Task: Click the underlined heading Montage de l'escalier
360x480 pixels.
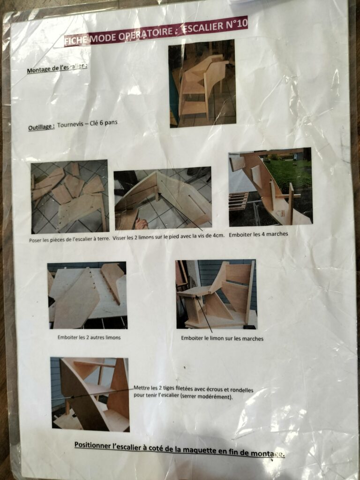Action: tap(57, 68)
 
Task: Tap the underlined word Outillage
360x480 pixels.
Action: tap(41, 127)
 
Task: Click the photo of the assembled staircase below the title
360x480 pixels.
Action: tap(202, 83)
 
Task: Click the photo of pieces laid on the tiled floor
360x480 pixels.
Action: tap(70, 196)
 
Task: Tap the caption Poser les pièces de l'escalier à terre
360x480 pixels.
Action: tap(69, 239)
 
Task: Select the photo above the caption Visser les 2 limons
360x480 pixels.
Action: tap(163, 198)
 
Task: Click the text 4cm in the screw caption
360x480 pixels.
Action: tap(218, 235)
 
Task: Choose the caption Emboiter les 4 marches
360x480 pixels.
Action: tap(258, 234)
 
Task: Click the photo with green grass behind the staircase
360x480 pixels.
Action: tap(270, 187)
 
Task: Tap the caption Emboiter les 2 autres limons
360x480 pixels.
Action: tap(89, 337)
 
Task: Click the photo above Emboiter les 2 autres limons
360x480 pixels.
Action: tap(88, 295)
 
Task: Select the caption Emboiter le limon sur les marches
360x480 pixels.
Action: tap(222, 338)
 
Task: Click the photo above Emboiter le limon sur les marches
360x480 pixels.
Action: tap(216, 294)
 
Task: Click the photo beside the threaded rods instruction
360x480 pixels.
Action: tap(90, 394)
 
